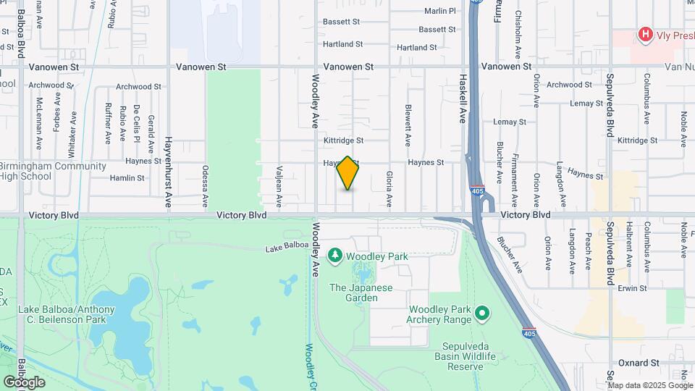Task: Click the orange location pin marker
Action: click(x=348, y=173)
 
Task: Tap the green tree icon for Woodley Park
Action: click(x=335, y=256)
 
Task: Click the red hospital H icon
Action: click(x=644, y=34)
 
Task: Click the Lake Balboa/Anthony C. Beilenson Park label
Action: click(x=66, y=316)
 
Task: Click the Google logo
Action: click(x=24, y=382)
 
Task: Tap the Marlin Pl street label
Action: click(x=440, y=11)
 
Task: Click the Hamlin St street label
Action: click(x=127, y=177)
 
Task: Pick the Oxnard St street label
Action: click(x=639, y=362)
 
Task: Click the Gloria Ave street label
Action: click(x=389, y=187)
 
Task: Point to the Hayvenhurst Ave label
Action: click(x=167, y=172)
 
